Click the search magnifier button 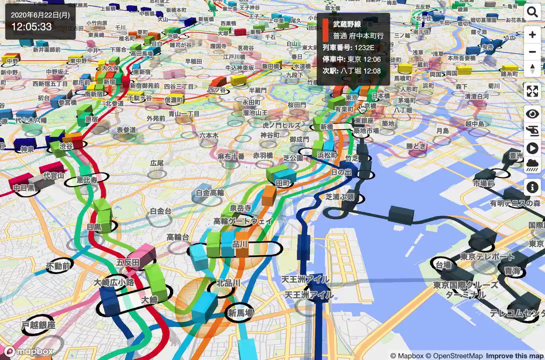pyautogui.click(x=532, y=12)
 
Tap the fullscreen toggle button pyautogui.click(x=532, y=91)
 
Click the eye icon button pyautogui.click(x=532, y=114)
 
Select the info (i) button pyautogui.click(x=532, y=187)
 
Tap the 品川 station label pyautogui.click(x=240, y=243)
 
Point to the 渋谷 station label pyautogui.click(x=66, y=145)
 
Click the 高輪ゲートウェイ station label pyautogui.click(x=243, y=221)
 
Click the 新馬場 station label pyautogui.click(x=240, y=313)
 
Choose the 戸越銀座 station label pyautogui.click(x=38, y=325)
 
